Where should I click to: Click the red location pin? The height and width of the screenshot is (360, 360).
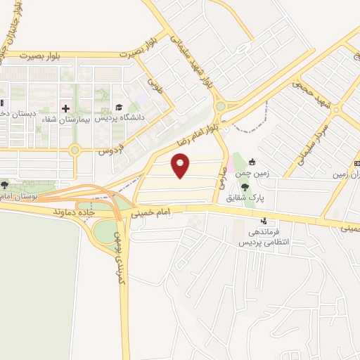(x=181, y=166)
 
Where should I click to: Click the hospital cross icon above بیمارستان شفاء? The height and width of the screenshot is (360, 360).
(x=65, y=108)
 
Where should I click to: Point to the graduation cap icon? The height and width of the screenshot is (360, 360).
(x=118, y=108)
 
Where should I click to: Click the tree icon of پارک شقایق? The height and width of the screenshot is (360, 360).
(x=245, y=187)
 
